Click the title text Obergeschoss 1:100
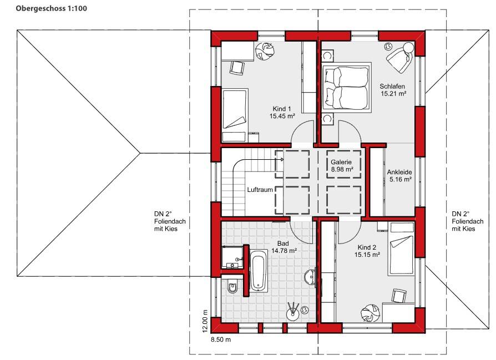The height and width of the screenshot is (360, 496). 51,8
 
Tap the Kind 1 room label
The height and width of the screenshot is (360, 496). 282,112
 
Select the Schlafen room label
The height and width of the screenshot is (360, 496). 393,90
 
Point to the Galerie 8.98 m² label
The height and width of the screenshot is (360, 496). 342,165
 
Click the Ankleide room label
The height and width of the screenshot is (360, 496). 400,176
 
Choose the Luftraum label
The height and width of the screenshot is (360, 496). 260,190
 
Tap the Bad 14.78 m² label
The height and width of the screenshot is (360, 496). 284,247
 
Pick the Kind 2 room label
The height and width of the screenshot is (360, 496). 367,251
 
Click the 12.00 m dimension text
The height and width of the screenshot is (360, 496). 205,321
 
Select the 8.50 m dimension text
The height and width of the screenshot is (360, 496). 221,340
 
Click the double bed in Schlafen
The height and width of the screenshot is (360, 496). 347,87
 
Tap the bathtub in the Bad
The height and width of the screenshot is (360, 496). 259,270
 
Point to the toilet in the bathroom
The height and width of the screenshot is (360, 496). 232,287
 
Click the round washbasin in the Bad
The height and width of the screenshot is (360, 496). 310,277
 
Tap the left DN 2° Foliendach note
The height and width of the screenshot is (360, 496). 170,221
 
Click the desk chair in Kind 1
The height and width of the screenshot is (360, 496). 237,68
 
